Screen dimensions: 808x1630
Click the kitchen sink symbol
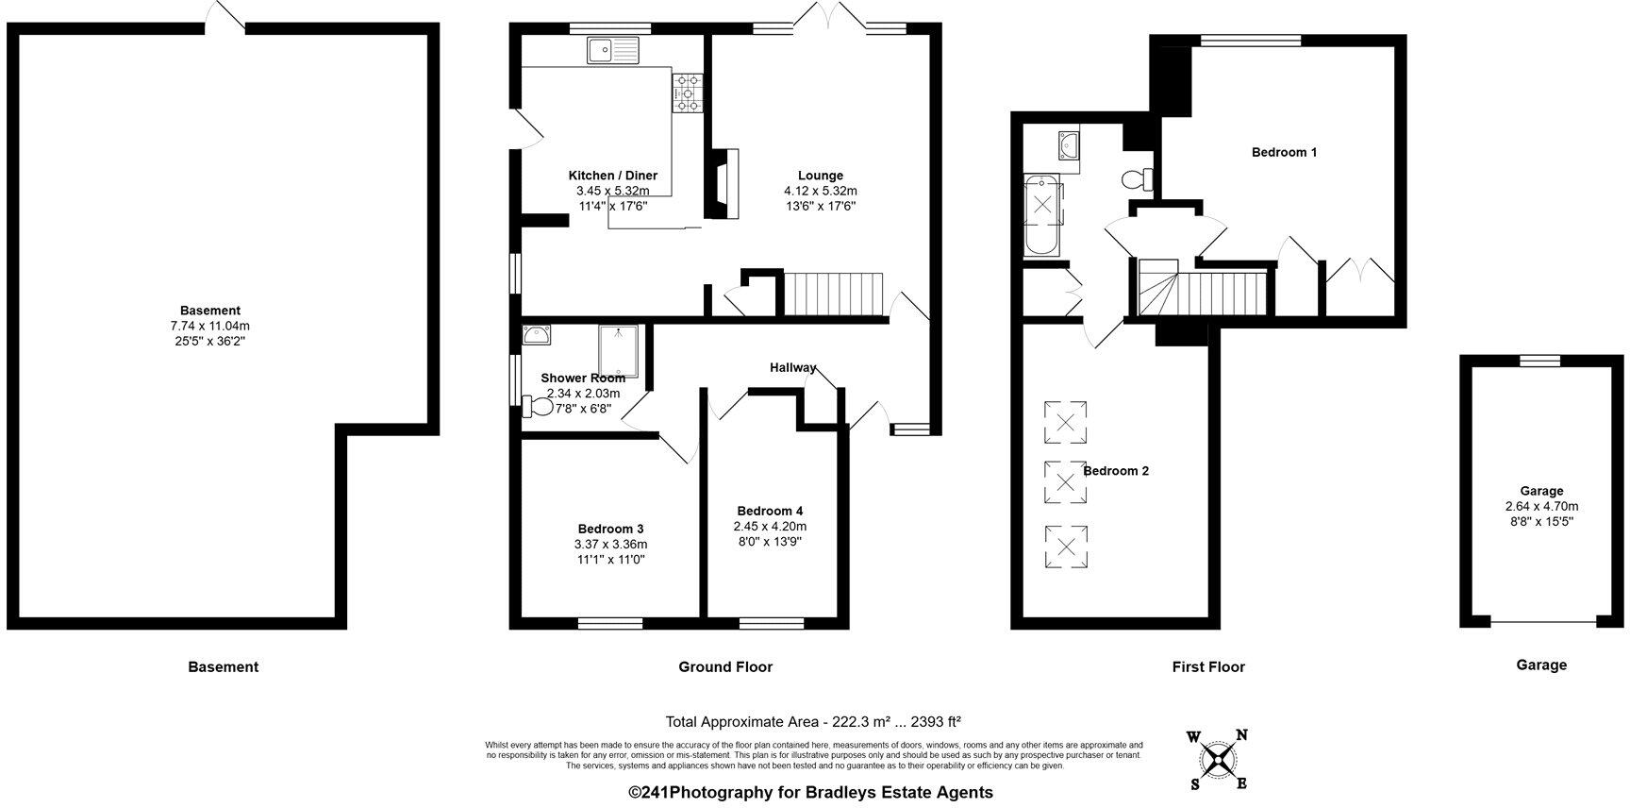click(612, 49)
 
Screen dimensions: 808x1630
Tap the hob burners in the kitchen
click(688, 93)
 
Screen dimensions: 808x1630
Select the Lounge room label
click(820, 176)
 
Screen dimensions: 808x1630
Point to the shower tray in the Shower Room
click(619, 351)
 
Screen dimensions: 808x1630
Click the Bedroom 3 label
click(610, 529)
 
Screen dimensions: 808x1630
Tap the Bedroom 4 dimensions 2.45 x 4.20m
click(770, 527)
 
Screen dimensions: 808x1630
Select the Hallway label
click(792, 367)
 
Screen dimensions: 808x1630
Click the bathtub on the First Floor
click(1042, 215)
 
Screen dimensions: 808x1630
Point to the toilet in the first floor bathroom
click(1139, 178)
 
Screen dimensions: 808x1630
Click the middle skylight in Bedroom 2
click(1065, 481)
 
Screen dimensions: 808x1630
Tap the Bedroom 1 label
click(1284, 152)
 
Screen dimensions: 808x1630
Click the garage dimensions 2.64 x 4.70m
click(1541, 506)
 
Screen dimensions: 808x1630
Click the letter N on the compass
click(1242, 735)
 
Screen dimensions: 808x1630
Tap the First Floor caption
click(1208, 666)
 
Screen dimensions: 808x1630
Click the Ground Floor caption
click(725, 666)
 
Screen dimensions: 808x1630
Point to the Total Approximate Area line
click(813, 722)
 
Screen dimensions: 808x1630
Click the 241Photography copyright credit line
click(810, 793)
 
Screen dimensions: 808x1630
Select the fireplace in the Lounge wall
click(724, 184)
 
